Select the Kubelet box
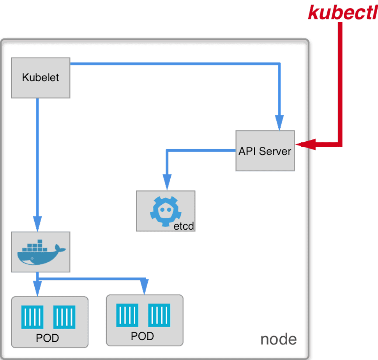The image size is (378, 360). [41, 77]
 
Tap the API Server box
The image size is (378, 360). [265, 151]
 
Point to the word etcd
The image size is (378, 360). [183, 226]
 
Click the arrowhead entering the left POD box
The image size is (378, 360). [37, 289]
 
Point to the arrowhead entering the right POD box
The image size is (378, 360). [144, 287]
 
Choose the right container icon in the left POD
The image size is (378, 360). [64, 317]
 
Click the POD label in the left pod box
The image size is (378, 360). [47, 338]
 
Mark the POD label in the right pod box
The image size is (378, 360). [142, 336]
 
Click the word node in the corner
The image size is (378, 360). [278, 339]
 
